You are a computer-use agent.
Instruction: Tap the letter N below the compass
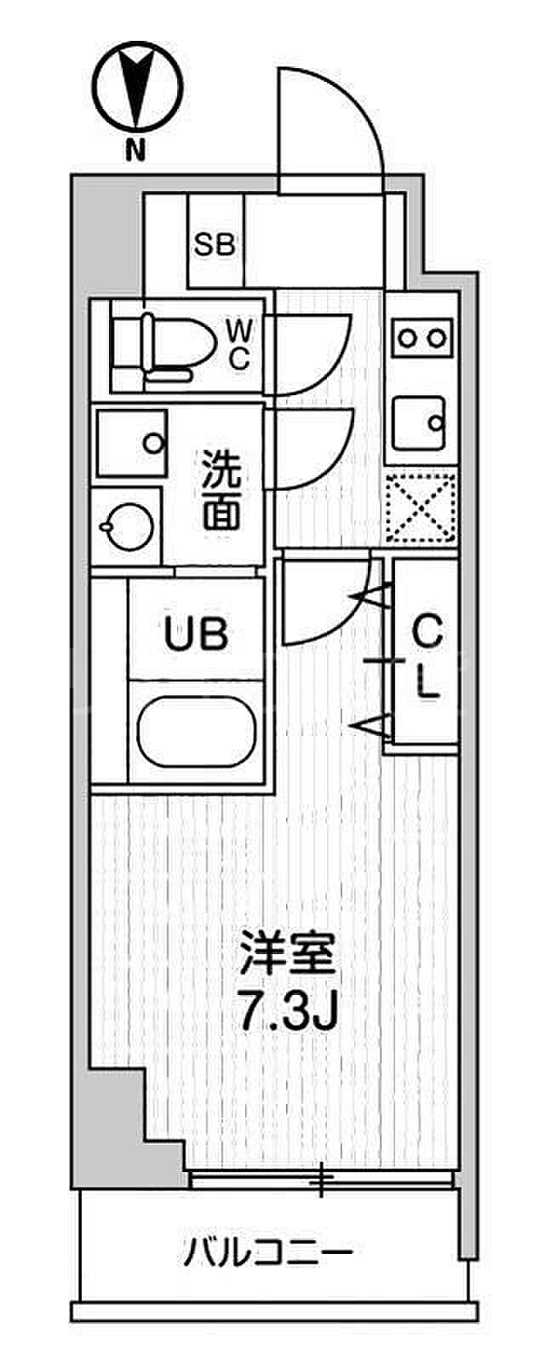click(135, 153)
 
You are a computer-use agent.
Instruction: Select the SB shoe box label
click(215, 246)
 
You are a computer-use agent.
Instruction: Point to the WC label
click(239, 345)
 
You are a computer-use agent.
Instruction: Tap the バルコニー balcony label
click(269, 1253)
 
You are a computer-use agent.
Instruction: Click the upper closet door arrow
click(371, 597)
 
